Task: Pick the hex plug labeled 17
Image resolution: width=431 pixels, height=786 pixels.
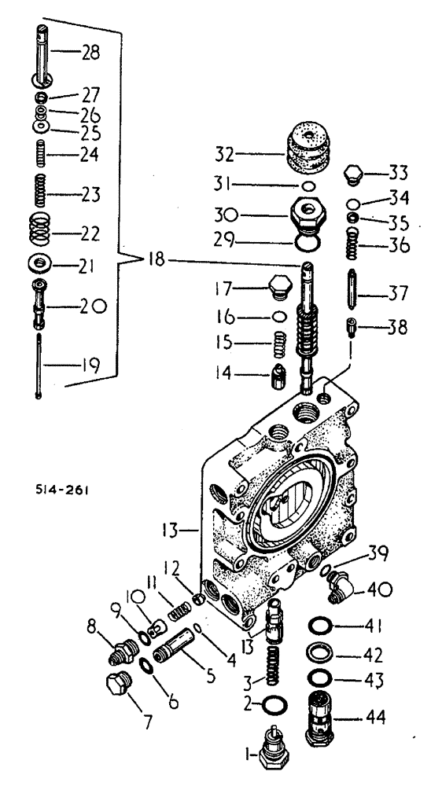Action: pyautogui.click(x=279, y=288)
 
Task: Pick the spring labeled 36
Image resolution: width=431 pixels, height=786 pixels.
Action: pyautogui.click(x=353, y=245)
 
